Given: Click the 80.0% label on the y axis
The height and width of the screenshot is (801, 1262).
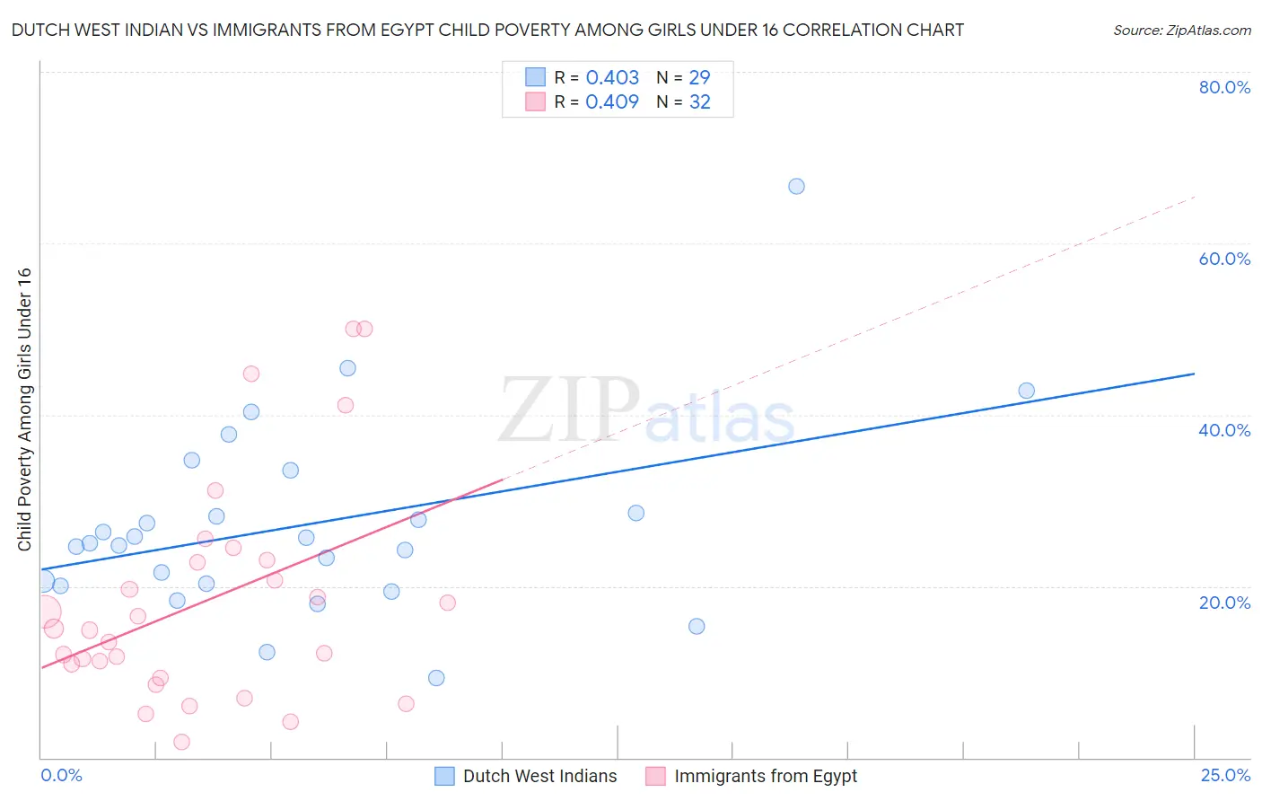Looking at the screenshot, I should (x=1224, y=87).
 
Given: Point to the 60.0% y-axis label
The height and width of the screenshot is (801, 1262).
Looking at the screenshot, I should (x=1224, y=259).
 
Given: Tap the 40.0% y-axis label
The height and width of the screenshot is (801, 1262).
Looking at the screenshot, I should (x=1224, y=430).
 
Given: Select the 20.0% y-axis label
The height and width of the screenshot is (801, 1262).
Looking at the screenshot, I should (x=1224, y=603).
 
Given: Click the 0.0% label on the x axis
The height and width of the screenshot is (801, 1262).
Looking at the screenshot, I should (x=61, y=775).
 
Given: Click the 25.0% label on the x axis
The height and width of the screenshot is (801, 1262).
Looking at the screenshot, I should (x=1225, y=775).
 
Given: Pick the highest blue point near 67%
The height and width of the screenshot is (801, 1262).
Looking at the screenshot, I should (x=796, y=187).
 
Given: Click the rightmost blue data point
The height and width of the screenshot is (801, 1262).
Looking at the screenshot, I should (x=1027, y=391).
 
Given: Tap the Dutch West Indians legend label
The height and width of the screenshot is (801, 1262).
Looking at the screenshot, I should (x=539, y=776).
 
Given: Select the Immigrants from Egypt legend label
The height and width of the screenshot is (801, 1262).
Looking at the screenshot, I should (x=766, y=776).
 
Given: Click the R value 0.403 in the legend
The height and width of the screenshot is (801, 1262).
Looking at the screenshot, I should (x=612, y=77).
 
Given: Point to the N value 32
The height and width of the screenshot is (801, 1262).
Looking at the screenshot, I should (x=700, y=101).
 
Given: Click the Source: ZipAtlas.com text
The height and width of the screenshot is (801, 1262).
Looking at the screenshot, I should (x=1181, y=30).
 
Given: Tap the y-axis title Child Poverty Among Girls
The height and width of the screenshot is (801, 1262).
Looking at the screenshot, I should (x=24, y=409).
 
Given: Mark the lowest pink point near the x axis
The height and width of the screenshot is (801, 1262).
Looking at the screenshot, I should (x=181, y=742).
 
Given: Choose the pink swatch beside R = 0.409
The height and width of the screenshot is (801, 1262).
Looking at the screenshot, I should (x=535, y=101).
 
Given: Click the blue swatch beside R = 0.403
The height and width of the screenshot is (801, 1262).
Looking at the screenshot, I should (x=535, y=77).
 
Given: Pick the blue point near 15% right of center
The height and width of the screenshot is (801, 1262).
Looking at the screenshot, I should (x=697, y=626).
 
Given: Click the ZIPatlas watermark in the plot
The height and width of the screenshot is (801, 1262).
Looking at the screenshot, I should (x=646, y=411).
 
